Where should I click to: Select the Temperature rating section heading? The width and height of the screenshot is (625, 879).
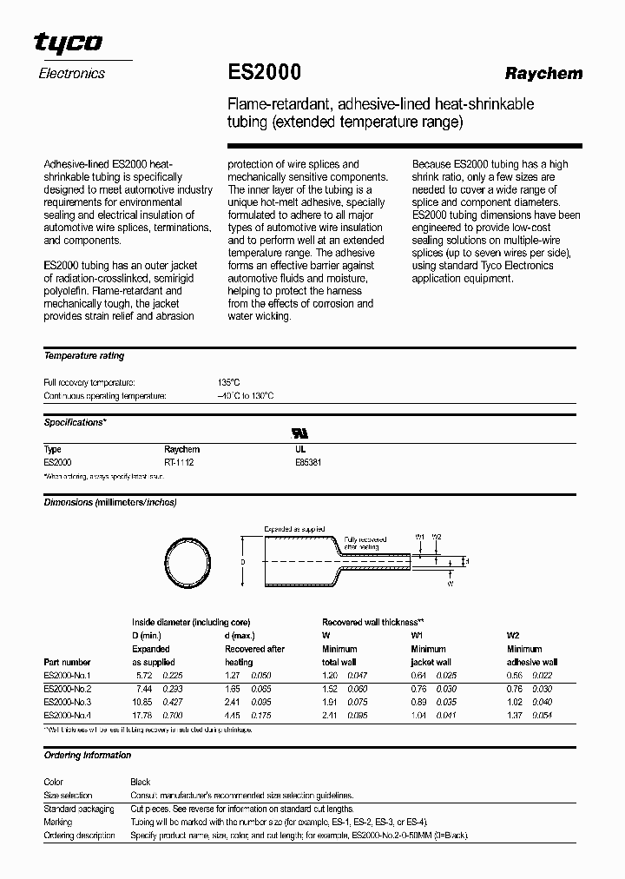tap(83, 356)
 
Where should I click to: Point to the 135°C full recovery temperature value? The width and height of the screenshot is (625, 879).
tap(228, 382)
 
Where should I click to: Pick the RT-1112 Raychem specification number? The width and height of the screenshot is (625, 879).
tap(179, 463)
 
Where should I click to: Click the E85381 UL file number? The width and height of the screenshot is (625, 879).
tap(308, 463)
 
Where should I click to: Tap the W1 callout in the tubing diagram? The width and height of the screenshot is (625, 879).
tap(420, 537)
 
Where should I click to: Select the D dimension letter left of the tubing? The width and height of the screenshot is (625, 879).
tap(243, 563)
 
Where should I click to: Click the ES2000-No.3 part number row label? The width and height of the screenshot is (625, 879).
tap(67, 701)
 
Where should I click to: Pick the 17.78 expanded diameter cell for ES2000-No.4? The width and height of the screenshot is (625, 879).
tap(143, 715)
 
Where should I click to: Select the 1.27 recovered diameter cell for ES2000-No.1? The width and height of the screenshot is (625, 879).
tap(233, 674)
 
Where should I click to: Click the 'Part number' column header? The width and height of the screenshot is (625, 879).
tap(67, 662)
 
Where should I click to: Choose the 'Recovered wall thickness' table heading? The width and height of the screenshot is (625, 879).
tap(372, 623)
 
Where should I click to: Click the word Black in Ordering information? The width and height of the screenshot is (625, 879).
tap(141, 782)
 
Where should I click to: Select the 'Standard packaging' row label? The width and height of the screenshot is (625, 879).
tap(79, 809)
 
